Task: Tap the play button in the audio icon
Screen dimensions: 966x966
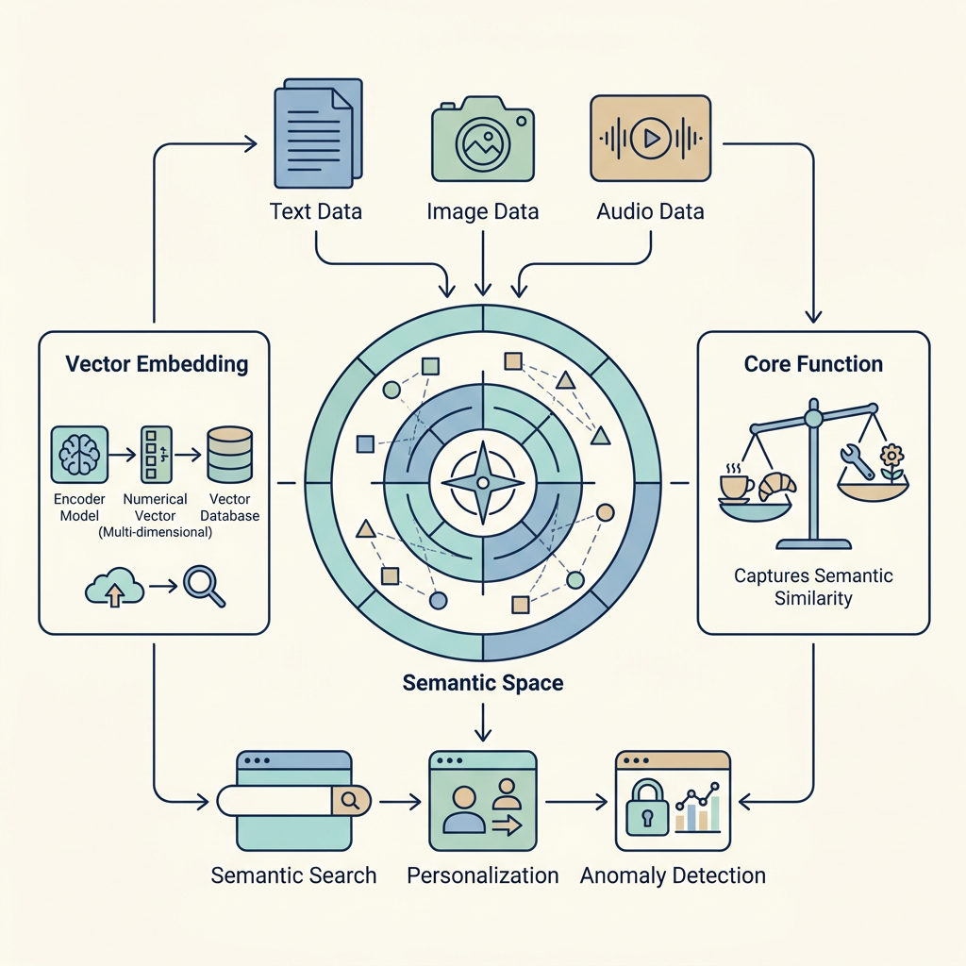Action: click(x=651, y=138)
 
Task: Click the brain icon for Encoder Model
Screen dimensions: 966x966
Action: click(x=79, y=455)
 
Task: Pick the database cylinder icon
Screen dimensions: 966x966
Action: click(x=230, y=455)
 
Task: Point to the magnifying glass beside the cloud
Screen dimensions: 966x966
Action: click(x=205, y=587)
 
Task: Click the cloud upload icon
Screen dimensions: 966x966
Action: click(x=114, y=587)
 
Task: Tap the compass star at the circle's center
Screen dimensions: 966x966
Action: click(x=483, y=482)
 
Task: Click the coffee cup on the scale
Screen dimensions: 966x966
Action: click(x=737, y=486)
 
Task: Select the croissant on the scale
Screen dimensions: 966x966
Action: click(x=777, y=487)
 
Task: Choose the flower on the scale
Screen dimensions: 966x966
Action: click(x=891, y=463)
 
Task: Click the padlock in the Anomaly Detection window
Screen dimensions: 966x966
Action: click(x=647, y=808)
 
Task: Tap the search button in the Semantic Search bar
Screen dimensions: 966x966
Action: click(x=351, y=800)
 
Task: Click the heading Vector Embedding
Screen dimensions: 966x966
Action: click(x=158, y=364)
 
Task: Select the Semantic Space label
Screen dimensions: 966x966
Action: click(x=483, y=683)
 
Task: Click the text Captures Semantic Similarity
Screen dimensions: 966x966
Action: click(x=813, y=587)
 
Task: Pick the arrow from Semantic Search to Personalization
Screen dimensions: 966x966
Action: click(x=400, y=802)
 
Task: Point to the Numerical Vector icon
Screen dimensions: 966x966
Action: click(x=156, y=455)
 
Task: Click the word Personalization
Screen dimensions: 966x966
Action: click(x=483, y=875)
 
